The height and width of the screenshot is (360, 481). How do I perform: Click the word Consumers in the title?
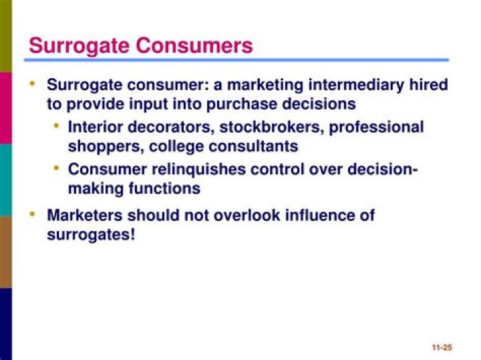pos(194,45)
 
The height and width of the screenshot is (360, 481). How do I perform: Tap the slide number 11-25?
pos(442,347)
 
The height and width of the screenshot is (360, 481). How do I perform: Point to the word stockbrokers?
pos(272,127)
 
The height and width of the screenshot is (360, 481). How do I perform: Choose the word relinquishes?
pos(199,170)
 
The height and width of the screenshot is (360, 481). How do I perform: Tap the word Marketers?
pos(85,215)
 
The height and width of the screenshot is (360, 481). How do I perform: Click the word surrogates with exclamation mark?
pos(91,235)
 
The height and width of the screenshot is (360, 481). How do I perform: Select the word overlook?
pos(247,215)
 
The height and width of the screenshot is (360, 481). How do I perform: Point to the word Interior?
pos(95,127)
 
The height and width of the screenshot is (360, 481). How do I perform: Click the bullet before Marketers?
pos(32,214)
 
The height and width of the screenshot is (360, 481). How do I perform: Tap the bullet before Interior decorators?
pos(56,126)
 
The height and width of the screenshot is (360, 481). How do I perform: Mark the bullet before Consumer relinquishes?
pos(56,168)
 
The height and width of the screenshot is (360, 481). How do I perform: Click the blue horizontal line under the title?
pos(236,60)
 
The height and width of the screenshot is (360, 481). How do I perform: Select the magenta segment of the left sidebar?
pos(6,108)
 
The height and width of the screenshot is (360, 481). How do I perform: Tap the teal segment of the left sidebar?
pos(6,180)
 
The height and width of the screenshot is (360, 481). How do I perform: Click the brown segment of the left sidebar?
pos(6,252)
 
